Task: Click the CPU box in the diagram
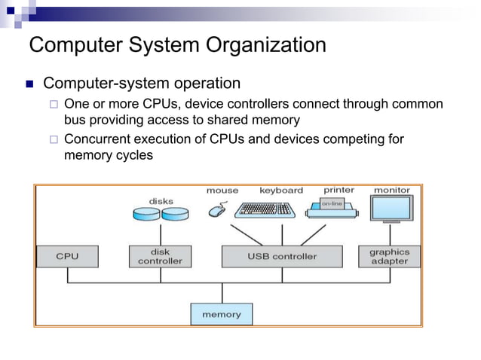[x=67, y=257]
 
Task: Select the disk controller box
[x=160, y=257]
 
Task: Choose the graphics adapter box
[x=389, y=257]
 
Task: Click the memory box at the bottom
[x=221, y=314]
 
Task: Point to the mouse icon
[x=217, y=210]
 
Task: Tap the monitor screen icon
[x=392, y=207]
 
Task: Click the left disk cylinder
[x=146, y=214]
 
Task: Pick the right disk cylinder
[x=173, y=214]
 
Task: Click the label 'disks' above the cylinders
[x=161, y=201]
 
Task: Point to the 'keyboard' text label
[x=281, y=191]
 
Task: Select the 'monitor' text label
[x=391, y=191]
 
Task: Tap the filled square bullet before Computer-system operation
[x=30, y=84]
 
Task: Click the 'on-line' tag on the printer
[x=332, y=203]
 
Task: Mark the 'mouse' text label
[x=222, y=191]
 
